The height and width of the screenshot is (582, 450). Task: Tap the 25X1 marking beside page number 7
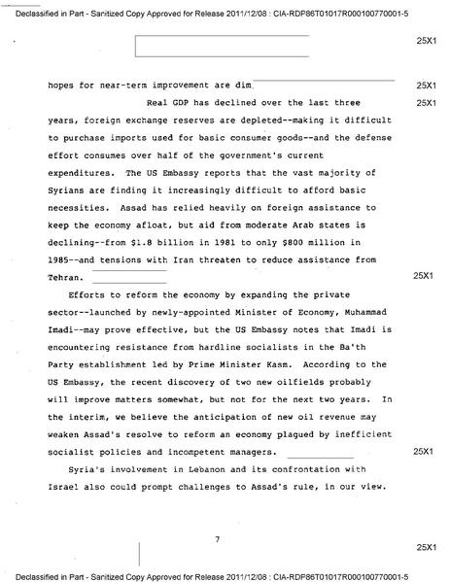(423, 549)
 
